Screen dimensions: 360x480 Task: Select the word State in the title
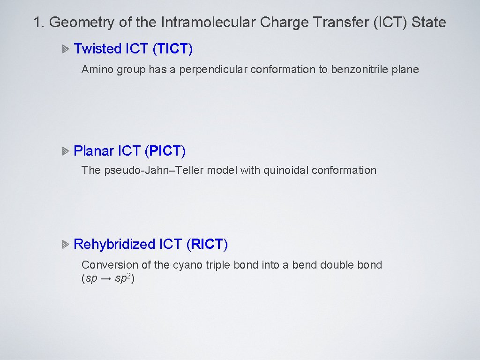click(x=428, y=22)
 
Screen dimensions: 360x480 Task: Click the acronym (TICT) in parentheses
click(x=173, y=49)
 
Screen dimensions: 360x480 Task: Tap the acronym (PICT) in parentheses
click(x=165, y=151)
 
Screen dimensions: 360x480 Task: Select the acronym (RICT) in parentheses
click(x=207, y=245)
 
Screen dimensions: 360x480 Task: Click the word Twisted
click(x=97, y=49)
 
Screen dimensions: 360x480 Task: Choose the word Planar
click(x=94, y=151)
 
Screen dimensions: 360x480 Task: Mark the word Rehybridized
click(x=114, y=245)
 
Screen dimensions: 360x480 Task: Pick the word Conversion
click(x=110, y=265)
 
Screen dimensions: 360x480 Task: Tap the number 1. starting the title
click(x=39, y=22)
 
